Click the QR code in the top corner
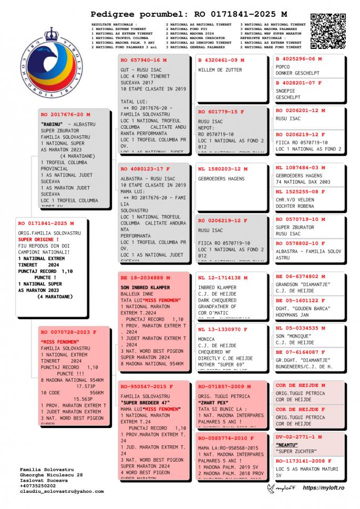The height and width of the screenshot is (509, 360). [x=328, y=30]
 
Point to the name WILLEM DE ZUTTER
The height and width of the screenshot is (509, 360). [x=220, y=69]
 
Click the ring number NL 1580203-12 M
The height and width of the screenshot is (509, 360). [x=223, y=169]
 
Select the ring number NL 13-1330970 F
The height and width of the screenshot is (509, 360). [x=223, y=329]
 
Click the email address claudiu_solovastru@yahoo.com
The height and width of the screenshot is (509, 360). [x=61, y=491]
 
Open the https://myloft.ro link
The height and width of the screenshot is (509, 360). [x=323, y=489]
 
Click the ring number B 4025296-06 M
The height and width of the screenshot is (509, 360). [x=302, y=59]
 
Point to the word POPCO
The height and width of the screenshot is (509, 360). [x=283, y=67]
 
